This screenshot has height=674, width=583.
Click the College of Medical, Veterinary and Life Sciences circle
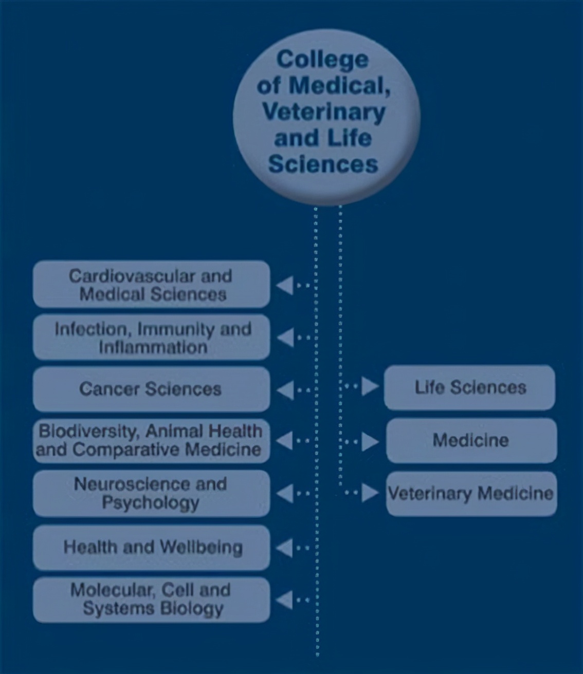(326, 116)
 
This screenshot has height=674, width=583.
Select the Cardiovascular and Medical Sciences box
(151, 284)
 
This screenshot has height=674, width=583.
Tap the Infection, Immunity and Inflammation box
(151, 338)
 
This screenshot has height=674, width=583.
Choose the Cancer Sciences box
(151, 389)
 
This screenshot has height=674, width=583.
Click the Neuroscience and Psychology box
(151, 493)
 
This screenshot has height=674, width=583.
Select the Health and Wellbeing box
(151, 547)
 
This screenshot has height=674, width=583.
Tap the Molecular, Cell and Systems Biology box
(151, 600)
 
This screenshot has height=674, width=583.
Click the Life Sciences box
(469, 387)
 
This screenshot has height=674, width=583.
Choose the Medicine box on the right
(471, 440)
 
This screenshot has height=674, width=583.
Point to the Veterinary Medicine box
(471, 493)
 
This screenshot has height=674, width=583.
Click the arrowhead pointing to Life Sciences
(369, 386)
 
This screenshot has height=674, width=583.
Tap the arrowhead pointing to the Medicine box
(369, 441)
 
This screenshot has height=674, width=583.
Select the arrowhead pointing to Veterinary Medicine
(369, 493)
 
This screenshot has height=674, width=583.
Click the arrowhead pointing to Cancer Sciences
(285, 390)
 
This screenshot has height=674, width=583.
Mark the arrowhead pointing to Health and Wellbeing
(285, 548)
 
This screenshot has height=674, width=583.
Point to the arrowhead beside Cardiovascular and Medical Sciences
(285, 285)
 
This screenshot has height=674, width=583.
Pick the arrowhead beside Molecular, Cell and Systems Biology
(285, 600)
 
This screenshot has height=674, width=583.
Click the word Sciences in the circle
(323, 164)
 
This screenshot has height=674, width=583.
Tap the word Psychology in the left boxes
(150, 502)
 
